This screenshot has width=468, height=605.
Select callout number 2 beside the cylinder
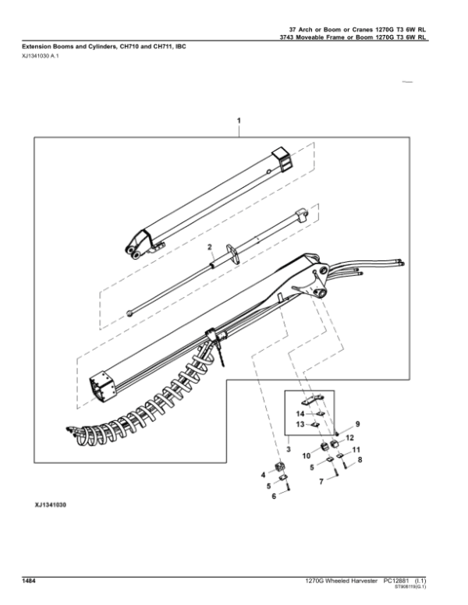[x=210, y=247]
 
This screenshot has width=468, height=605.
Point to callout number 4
[x=262, y=474]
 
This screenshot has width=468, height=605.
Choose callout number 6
[x=273, y=497]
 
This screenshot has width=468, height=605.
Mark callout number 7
[x=321, y=482]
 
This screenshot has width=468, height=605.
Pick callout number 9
[x=358, y=423]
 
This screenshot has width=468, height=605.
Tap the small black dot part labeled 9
[x=336, y=433]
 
